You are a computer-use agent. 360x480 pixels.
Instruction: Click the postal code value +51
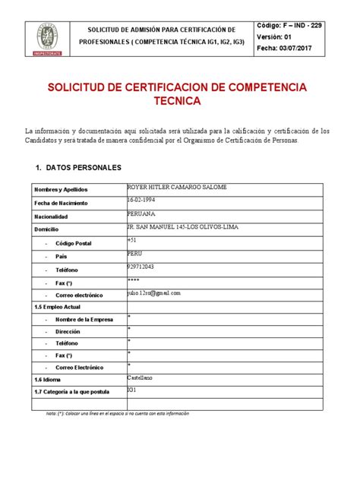132,240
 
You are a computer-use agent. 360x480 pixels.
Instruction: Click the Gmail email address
155,292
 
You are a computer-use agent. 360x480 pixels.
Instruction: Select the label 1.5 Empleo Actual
58,307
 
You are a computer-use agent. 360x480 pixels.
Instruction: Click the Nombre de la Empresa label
84,320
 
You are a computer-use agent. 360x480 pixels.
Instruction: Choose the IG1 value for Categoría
132,390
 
